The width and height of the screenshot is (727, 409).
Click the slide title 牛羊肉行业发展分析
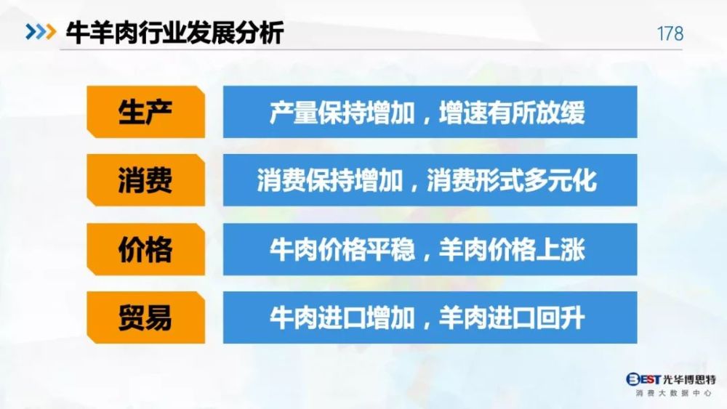[x=174, y=33]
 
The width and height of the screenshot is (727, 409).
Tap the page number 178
[x=670, y=33]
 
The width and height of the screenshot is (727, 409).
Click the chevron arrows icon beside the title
[x=41, y=32]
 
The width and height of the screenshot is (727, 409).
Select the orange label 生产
[x=145, y=112]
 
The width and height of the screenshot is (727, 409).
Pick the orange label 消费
[x=145, y=180]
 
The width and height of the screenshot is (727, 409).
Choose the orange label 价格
[x=145, y=249]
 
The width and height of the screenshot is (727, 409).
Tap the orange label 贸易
[x=145, y=317]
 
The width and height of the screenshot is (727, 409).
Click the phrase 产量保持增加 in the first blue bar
[x=342, y=112]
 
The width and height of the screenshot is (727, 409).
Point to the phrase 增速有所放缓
[x=512, y=112]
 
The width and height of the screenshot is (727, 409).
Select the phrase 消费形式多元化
[x=512, y=180]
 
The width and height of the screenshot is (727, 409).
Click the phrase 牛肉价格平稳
[x=342, y=249]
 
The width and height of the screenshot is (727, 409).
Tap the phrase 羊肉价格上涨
[x=512, y=249]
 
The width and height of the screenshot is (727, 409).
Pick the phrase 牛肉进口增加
[x=342, y=317]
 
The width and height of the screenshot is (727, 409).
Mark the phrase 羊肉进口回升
[x=512, y=317]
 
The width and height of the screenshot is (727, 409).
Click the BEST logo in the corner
[x=643, y=379]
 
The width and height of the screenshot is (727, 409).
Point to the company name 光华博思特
[x=689, y=380]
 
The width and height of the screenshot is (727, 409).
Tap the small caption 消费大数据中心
[x=673, y=393]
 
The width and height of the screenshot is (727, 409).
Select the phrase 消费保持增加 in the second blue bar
[x=329, y=180]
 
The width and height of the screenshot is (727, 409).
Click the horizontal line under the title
[x=371, y=49]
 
